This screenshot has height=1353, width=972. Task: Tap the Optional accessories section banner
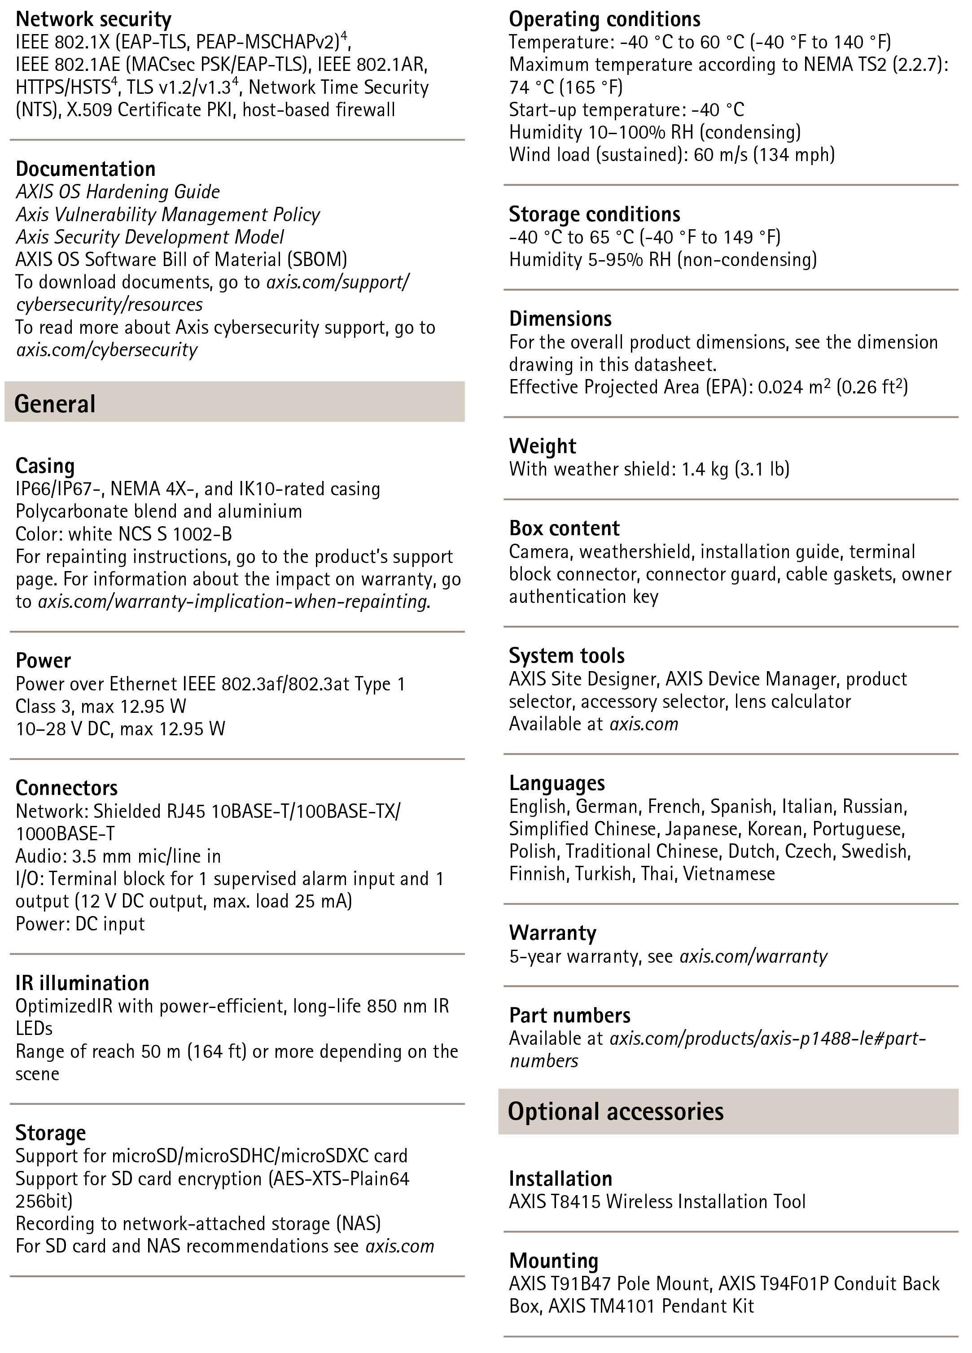pyautogui.click(x=728, y=1111)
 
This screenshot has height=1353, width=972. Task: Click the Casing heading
pyautogui.click(x=45, y=465)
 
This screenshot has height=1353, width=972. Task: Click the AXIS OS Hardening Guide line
pyautogui.click(x=118, y=192)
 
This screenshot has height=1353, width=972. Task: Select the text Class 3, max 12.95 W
pyautogui.click(x=101, y=706)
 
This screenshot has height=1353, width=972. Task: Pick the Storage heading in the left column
pyautogui.click(x=51, y=1132)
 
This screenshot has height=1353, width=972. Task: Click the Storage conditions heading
pyautogui.click(x=594, y=214)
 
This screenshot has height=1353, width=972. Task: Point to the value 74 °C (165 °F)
pyautogui.click(x=566, y=87)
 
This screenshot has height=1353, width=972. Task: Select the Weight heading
pyautogui.click(x=543, y=445)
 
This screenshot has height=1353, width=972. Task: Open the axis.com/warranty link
pyautogui.click(x=753, y=956)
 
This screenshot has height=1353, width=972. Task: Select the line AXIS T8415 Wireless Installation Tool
pyautogui.click(x=657, y=1201)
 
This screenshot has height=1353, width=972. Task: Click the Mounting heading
pyautogui.click(x=553, y=1260)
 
